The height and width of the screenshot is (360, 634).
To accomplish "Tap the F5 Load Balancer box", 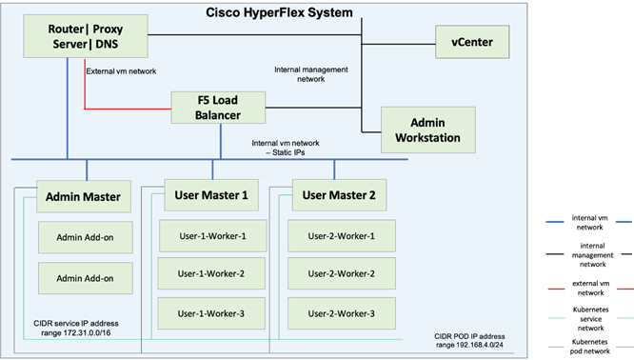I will [219, 108].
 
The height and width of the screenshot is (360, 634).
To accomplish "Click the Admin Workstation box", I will [427, 129].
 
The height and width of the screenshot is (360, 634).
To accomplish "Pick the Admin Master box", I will [83, 197].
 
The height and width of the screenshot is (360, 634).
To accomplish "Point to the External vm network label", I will [121, 71].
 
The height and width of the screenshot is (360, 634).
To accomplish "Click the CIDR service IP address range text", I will [79, 333].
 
